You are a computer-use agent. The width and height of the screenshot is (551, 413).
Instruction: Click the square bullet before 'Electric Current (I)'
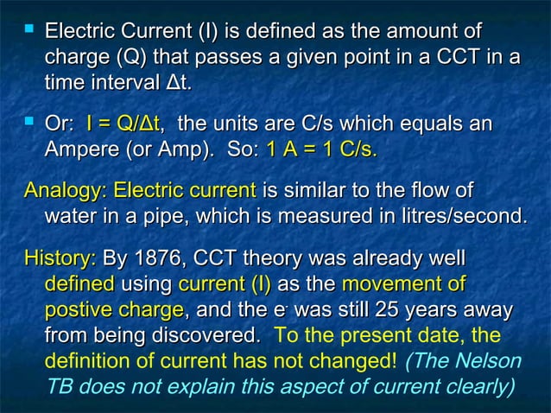pos(29,33)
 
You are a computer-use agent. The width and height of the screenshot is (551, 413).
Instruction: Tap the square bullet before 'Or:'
pos(29,128)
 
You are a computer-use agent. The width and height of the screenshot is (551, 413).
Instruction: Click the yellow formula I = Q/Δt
pos(125,127)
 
